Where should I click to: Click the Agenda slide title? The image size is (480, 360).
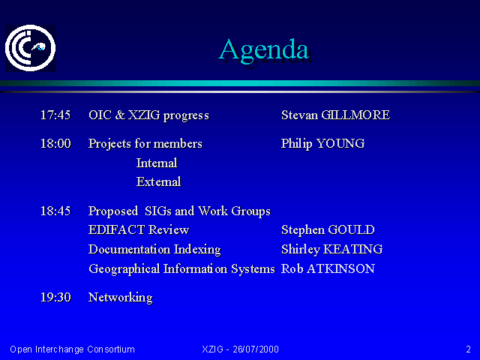[x=264, y=50]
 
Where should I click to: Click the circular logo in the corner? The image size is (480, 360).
[x=30, y=48]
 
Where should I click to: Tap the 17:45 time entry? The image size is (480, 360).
[x=55, y=115]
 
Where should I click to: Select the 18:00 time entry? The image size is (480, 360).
[x=55, y=143]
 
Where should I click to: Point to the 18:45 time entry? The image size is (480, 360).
[x=55, y=211]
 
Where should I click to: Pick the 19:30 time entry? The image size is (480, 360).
[x=55, y=297]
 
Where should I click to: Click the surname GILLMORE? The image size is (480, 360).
[x=355, y=115]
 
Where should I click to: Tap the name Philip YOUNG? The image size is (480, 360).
[x=322, y=144]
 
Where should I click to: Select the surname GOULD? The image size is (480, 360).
[x=351, y=230]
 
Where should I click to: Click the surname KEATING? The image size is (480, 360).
[x=352, y=249]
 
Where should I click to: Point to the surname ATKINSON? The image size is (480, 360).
[x=340, y=268]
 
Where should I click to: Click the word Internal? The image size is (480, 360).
[x=157, y=163]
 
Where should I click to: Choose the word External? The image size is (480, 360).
[x=158, y=181]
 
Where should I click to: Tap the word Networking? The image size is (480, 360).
[x=120, y=298]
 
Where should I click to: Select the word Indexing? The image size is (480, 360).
[x=197, y=250]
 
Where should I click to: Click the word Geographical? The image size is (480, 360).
[x=124, y=269]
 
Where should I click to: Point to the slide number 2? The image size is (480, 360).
[x=468, y=349]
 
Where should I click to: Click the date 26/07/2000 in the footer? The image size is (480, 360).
[x=256, y=349]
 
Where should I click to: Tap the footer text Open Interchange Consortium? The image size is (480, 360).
[x=72, y=349]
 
